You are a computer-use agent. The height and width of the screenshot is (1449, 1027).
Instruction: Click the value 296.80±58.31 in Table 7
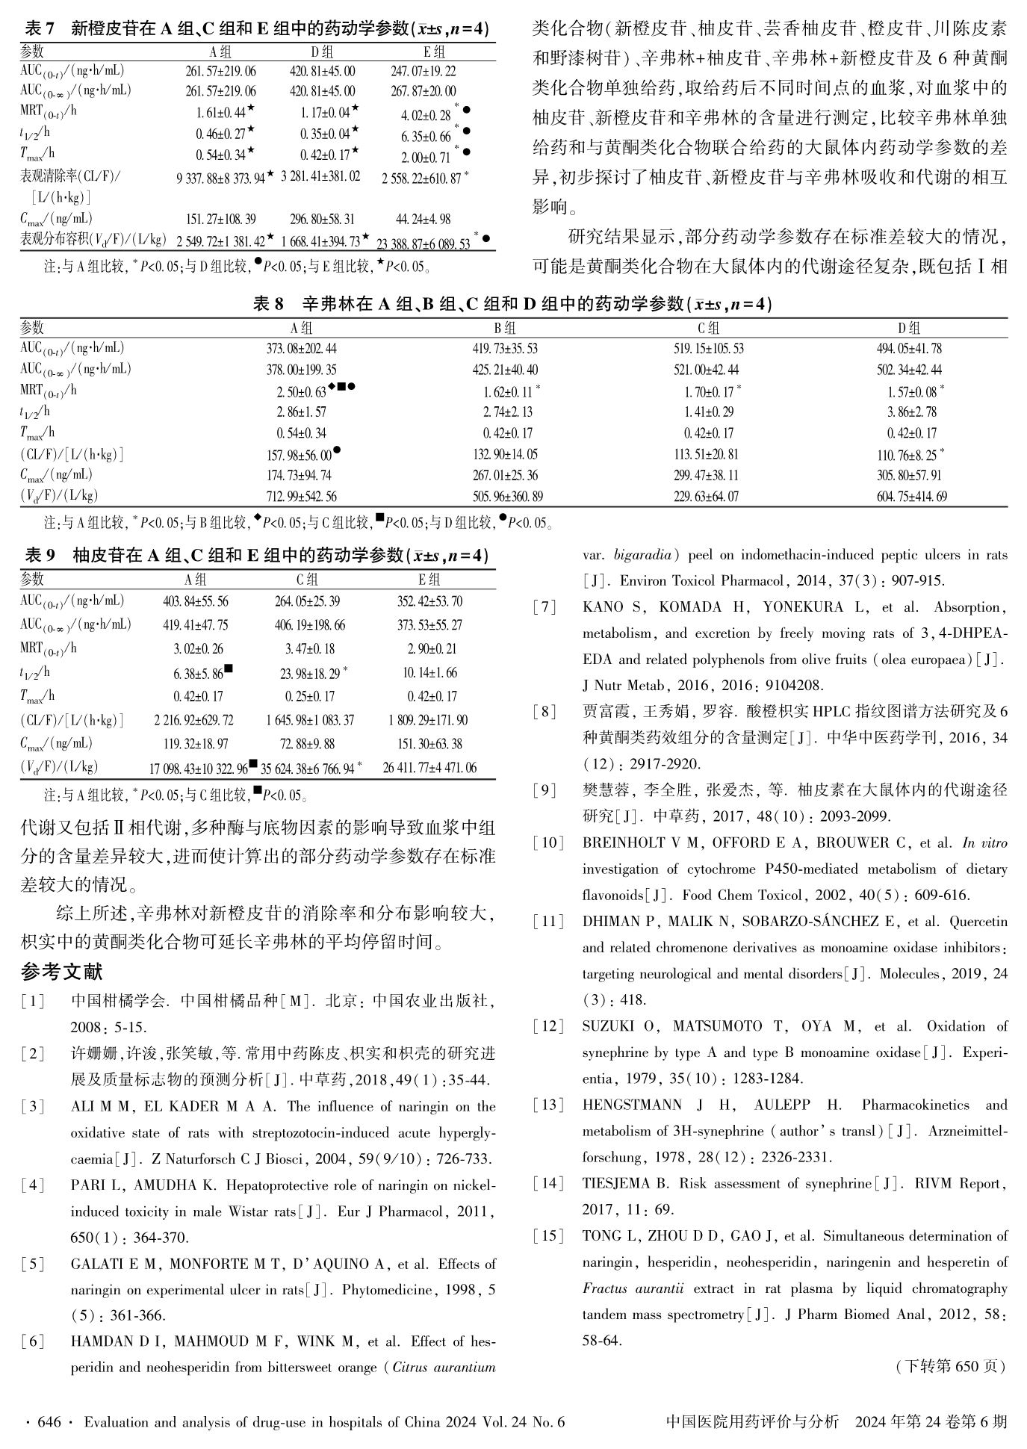(x=322, y=219)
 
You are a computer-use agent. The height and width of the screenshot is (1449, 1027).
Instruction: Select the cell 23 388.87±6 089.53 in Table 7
(x=423, y=243)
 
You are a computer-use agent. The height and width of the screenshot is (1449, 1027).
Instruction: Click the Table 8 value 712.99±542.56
(x=301, y=497)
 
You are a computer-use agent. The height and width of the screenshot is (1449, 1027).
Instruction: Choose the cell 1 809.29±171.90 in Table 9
(x=428, y=721)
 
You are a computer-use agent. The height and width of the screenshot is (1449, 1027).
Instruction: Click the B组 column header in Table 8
(x=505, y=327)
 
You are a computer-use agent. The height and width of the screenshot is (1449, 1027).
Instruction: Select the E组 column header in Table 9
(x=429, y=579)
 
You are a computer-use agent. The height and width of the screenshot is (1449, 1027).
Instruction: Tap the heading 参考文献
(x=61, y=972)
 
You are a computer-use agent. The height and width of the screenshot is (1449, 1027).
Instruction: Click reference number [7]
(x=544, y=607)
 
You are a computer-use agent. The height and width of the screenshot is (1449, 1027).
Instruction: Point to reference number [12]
(x=548, y=1026)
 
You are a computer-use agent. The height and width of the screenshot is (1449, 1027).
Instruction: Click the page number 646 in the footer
(x=49, y=1423)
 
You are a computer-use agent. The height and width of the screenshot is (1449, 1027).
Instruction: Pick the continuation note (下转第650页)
(x=949, y=1366)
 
